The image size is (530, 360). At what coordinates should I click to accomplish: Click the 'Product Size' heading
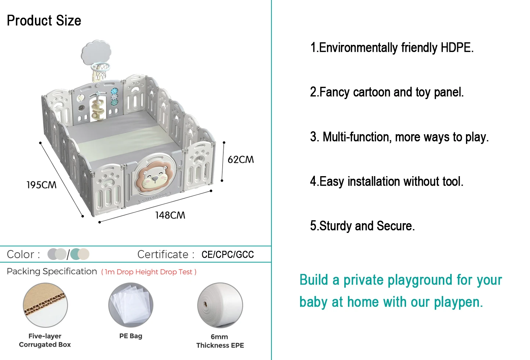[44, 21]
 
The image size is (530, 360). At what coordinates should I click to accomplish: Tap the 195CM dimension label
[41, 185]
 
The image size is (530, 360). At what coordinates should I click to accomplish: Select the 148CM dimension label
[170, 215]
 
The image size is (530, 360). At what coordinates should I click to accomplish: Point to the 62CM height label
[241, 160]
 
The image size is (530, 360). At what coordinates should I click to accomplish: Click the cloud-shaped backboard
[96, 52]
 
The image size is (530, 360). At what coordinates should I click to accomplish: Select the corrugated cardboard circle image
[45, 305]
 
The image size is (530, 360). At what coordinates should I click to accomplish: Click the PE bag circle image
[131, 305]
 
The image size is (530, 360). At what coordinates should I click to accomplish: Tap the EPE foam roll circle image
[220, 305]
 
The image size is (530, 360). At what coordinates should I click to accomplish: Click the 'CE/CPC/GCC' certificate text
[228, 254]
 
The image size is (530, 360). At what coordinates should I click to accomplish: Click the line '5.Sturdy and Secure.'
[362, 226]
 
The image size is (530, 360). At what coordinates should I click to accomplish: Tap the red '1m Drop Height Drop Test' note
[149, 272]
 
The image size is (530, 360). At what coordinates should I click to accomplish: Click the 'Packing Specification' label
[52, 271]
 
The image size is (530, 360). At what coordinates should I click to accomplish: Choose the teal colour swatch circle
[76, 254]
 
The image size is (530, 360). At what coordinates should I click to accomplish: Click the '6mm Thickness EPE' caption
[220, 341]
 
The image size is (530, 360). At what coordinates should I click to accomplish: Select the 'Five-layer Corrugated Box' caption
[45, 340]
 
